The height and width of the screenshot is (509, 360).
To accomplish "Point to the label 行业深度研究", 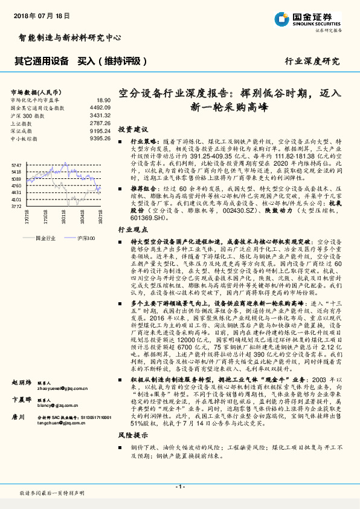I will point(312,61).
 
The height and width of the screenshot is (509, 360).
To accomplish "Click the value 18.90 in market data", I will point(103,100).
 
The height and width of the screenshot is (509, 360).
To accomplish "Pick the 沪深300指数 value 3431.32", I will point(100,114).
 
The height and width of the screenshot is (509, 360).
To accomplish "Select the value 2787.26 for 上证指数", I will point(100,122).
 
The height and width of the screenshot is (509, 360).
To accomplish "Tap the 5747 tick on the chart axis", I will point(16,165).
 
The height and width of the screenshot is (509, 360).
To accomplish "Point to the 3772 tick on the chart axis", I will point(16,206).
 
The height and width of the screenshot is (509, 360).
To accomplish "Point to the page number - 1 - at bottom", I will point(179,487).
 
